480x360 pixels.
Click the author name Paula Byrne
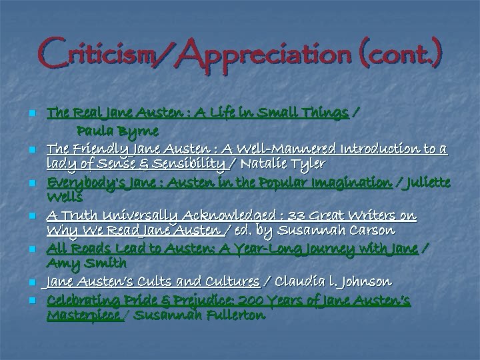pos(117,130)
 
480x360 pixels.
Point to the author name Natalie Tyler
pos(284,164)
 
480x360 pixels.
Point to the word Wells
pos(65,197)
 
